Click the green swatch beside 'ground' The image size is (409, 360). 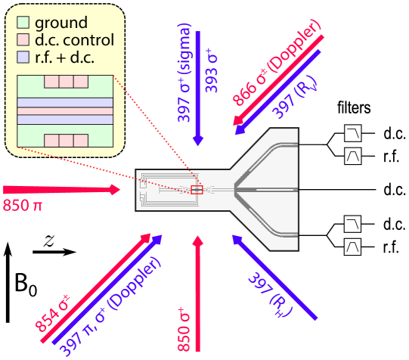click(23, 23)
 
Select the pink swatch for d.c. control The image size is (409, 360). click(23, 39)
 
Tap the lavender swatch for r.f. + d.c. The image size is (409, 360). click(23, 57)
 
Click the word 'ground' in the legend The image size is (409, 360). click(61, 23)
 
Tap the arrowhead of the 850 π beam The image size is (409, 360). click(115, 190)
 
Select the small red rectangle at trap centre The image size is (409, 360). click(197, 190)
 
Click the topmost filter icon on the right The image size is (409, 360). click(352, 134)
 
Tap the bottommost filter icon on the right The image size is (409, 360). click(352, 247)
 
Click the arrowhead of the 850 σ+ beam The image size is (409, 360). click(198, 242)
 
